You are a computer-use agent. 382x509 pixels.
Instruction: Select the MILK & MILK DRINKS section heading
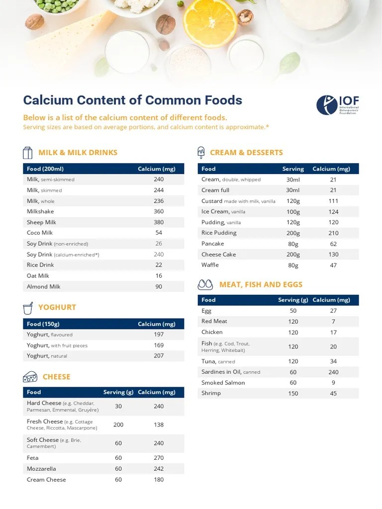(78, 153)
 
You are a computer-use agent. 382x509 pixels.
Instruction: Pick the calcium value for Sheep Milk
(159, 222)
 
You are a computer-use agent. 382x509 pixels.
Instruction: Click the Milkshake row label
(40, 211)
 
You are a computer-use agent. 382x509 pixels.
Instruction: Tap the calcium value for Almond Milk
(159, 286)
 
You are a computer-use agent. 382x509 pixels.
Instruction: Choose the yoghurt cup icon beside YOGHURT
(28, 307)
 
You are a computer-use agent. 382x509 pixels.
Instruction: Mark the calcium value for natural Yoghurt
(159, 356)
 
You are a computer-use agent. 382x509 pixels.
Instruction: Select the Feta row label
(32, 458)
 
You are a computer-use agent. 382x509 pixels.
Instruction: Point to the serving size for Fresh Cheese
(118, 425)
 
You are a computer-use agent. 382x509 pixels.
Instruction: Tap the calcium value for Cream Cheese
(159, 480)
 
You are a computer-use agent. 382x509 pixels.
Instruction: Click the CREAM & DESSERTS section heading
(246, 153)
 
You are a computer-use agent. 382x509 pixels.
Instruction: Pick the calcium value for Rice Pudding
(333, 233)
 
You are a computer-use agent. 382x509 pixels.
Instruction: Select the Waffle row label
(210, 265)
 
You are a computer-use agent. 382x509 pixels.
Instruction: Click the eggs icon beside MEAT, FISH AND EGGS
(205, 284)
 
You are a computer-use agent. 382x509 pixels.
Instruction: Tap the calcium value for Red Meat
(333, 322)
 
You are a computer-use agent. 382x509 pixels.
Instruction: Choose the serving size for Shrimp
(293, 393)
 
